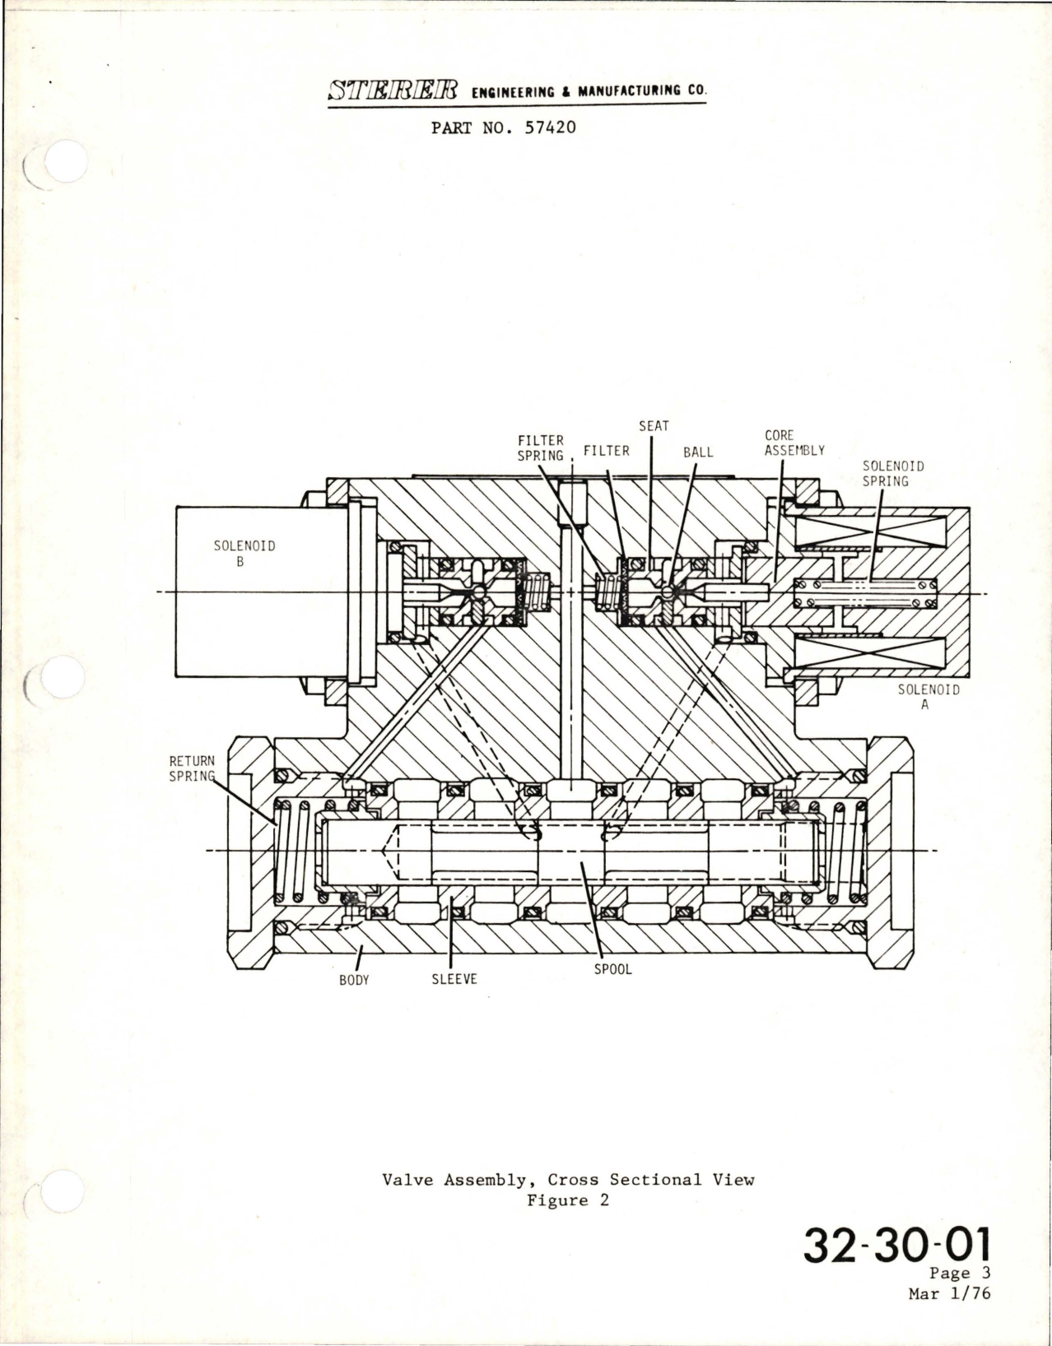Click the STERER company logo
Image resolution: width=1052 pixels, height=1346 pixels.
[x=393, y=91]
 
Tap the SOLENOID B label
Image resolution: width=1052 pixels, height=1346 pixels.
[x=244, y=554]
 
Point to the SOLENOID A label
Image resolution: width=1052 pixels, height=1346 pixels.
[x=929, y=697]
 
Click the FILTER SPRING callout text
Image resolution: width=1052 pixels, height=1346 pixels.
[x=541, y=448]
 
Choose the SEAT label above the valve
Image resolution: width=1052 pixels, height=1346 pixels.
[x=654, y=426]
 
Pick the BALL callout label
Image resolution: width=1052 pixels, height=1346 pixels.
[x=698, y=453]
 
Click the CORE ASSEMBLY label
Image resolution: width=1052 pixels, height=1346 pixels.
[x=794, y=443]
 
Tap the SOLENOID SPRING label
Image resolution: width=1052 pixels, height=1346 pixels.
[x=893, y=473]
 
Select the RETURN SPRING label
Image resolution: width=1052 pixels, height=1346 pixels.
[x=192, y=768]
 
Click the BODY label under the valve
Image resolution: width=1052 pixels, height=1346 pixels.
[x=354, y=980]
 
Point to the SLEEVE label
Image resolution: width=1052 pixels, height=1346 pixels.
[x=454, y=979]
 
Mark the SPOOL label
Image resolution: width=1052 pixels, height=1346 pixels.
[x=612, y=969]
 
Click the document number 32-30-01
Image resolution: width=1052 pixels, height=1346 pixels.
[x=897, y=1245]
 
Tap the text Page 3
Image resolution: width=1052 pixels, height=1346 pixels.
[x=960, y=1273]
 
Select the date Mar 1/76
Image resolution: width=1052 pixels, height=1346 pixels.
[x=950, y=1294]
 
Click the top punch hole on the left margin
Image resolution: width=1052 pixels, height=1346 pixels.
[x=62, y=160]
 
